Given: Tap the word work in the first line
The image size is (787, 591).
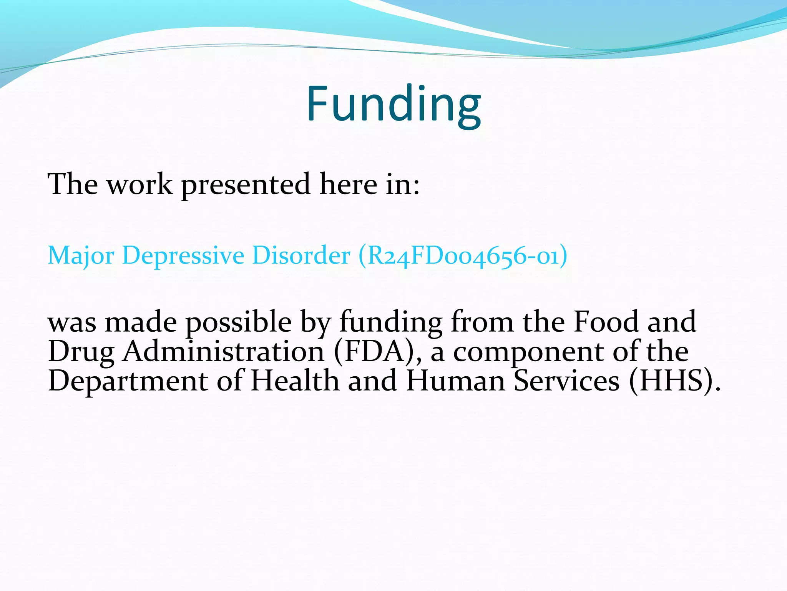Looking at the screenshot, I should click(x=139, y=184).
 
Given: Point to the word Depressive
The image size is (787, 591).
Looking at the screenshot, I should click(x=183, y=255).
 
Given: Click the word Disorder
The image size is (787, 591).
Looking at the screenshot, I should click(x=301, y=255).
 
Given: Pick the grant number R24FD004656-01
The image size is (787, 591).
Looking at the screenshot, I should click(x=463, y=255).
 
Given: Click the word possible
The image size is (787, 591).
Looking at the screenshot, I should click(x=239, y=322).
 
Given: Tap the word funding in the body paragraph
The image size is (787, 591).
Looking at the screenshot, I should click(x=390, y=322).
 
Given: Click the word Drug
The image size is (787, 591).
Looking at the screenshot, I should click(x=81, y=352).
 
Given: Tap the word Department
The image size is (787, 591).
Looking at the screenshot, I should click(x=128, y=381).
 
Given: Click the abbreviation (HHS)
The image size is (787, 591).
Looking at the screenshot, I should click(x=674, y=381).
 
